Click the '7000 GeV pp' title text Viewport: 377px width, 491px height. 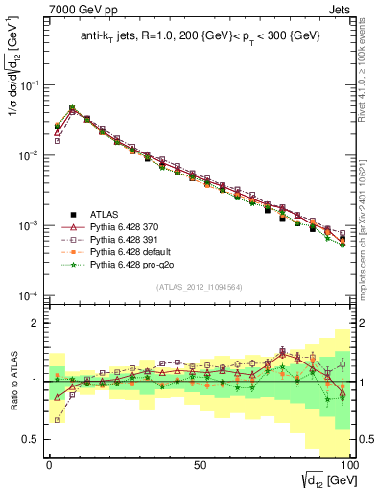(70, 9)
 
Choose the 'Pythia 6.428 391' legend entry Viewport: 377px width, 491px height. (129, 239)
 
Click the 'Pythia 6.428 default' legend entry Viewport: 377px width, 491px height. (133, 251)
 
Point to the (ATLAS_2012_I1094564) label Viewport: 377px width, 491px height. (198, 286)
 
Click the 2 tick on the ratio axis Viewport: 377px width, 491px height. (35, 323)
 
